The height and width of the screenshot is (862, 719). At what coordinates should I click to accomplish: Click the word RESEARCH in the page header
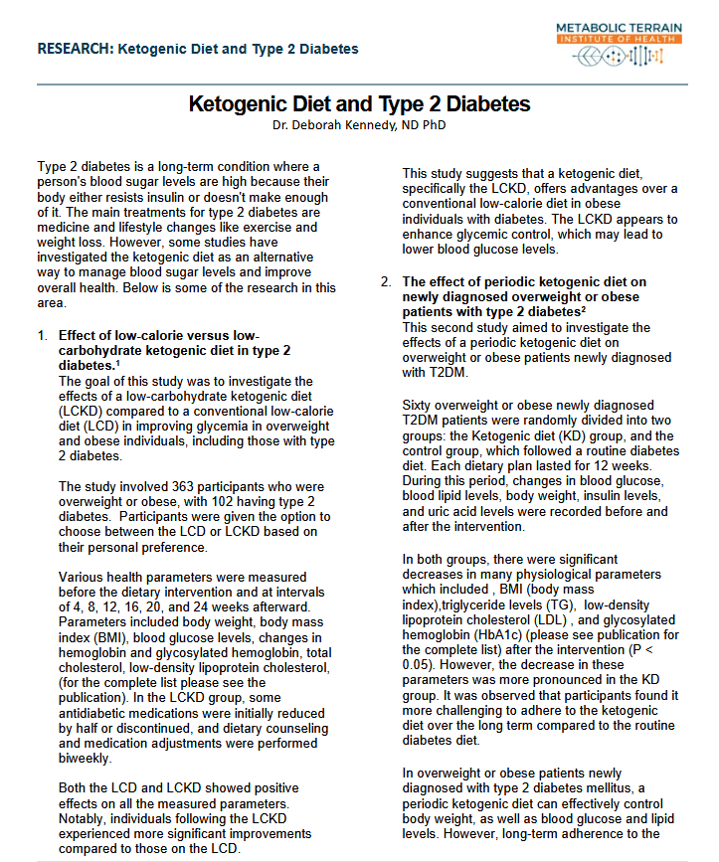click(x=74, y=49)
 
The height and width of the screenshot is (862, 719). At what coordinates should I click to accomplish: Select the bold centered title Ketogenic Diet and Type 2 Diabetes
click(x=359, y=104)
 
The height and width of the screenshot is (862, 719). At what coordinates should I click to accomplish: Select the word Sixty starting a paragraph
click(x=421, y=405)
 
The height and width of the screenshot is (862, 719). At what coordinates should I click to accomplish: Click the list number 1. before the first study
click(x=43, y=336)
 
